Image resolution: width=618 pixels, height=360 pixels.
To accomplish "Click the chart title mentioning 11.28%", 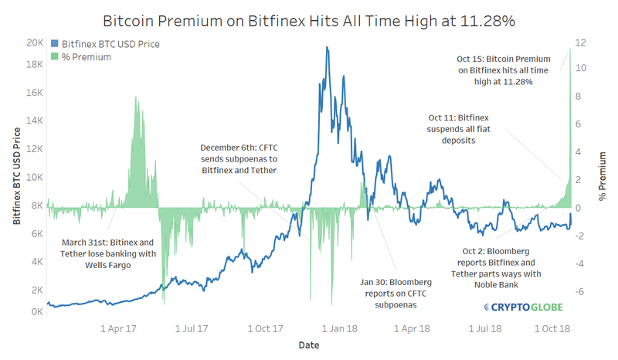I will point(309,18).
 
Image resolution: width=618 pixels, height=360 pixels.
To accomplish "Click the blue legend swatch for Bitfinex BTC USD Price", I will point(53,44).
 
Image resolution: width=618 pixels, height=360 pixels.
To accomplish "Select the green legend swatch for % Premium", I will point(53,56).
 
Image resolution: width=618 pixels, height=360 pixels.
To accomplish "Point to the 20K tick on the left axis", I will point(32,43).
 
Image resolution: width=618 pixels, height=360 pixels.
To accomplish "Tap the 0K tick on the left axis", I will point(35,311).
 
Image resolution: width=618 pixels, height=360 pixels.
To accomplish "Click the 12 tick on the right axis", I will point(581,40).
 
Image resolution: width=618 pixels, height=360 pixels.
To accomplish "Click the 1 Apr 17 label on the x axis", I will point(120,328).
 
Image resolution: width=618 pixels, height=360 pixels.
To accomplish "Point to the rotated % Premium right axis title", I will point(603,179).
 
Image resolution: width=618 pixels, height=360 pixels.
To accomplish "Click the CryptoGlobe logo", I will point(523,307).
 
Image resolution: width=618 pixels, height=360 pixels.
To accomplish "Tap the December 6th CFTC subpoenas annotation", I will point(238,158).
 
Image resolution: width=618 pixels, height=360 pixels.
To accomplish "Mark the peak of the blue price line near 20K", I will point(328,47).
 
